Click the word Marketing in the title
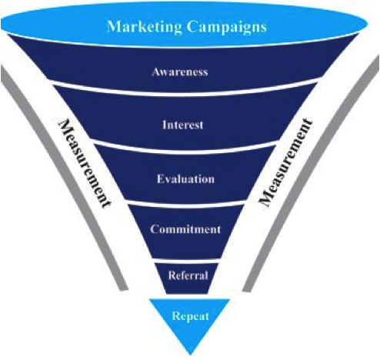[x=145, y=27]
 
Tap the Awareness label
[x=180, y=72]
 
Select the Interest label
[x=183, y=125]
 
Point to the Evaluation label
[x=185, y=178]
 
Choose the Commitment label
[x=185, y=229]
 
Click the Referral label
[x=188, y=275]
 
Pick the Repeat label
[x=190, y=316]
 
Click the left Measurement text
[x=85, y=163]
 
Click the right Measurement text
[x=285, y=162]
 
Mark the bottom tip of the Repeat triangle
[x=190, y=355]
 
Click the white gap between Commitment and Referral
[x=187, y=262]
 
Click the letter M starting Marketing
[x=114, y=26]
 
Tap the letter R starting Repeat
[x=176, y=315]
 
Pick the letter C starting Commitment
[x=155, y=228]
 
